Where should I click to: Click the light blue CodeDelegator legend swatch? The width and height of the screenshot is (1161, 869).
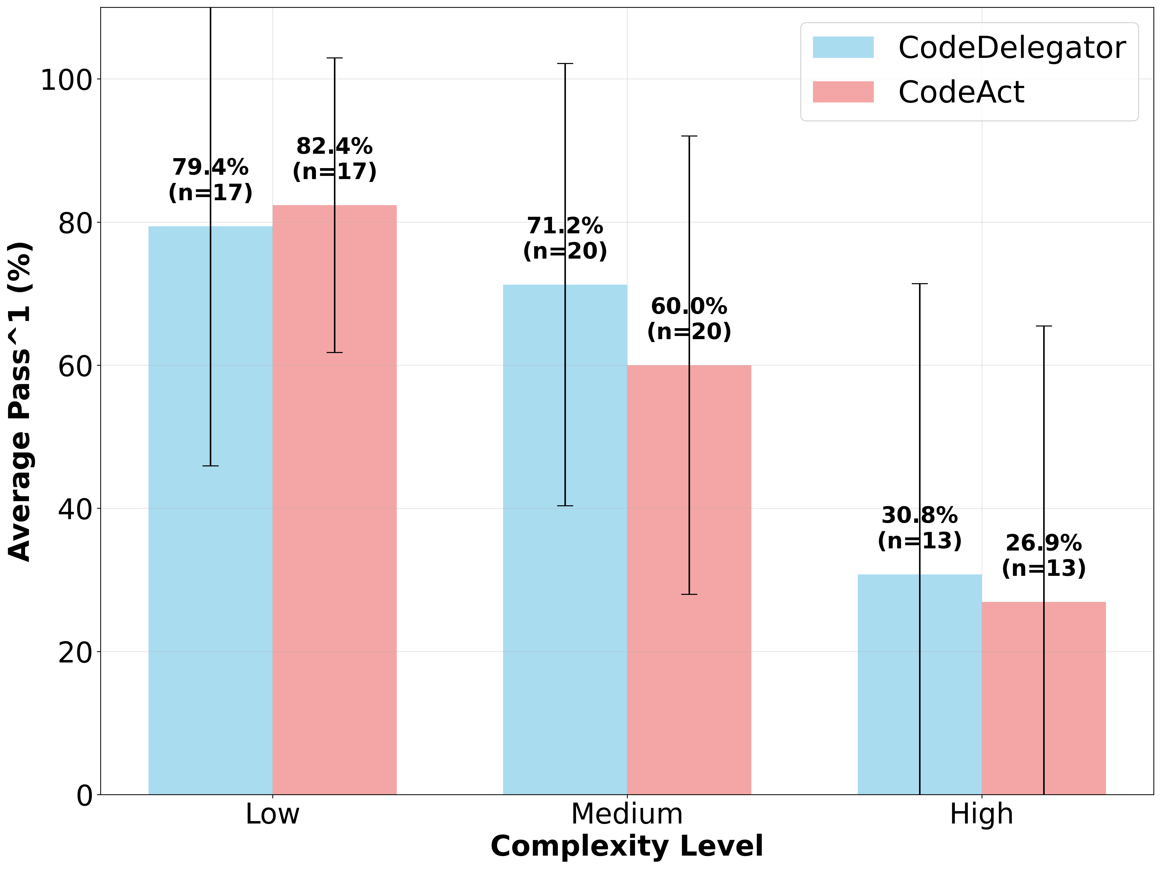click(x=843, y=47)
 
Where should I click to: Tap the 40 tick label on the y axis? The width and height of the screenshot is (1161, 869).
click(x=75, y=509)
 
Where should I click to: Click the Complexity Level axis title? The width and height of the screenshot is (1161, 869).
click(x=627, y=846)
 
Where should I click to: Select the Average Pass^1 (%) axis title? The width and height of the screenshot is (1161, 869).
click(x=20, y=401)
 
